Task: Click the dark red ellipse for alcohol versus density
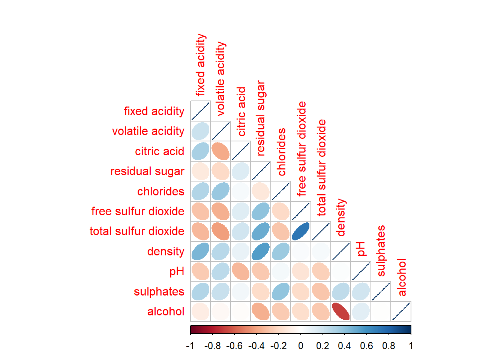(341, 311)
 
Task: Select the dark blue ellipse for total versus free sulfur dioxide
(301, 231)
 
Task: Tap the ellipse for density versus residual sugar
(261, 251)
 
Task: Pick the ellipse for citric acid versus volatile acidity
(220, 151)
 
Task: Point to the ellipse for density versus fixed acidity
(200, 251)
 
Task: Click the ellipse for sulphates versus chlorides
(280, 291)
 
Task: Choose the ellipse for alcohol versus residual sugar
(261, 311)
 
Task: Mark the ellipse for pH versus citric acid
(240, 271)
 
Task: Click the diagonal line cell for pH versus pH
(361, 271)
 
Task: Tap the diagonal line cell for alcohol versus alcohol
(401, 311)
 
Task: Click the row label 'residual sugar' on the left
(147, 171)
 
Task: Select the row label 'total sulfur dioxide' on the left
(137, 231)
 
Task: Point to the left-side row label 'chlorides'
(161, 192)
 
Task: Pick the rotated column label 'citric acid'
(242, 111)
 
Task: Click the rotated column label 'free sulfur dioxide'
(302, 148)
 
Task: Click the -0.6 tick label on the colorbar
(234, 346)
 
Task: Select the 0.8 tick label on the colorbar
(389, 346)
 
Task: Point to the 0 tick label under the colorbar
(301, 346)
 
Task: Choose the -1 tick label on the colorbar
(190, 346)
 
